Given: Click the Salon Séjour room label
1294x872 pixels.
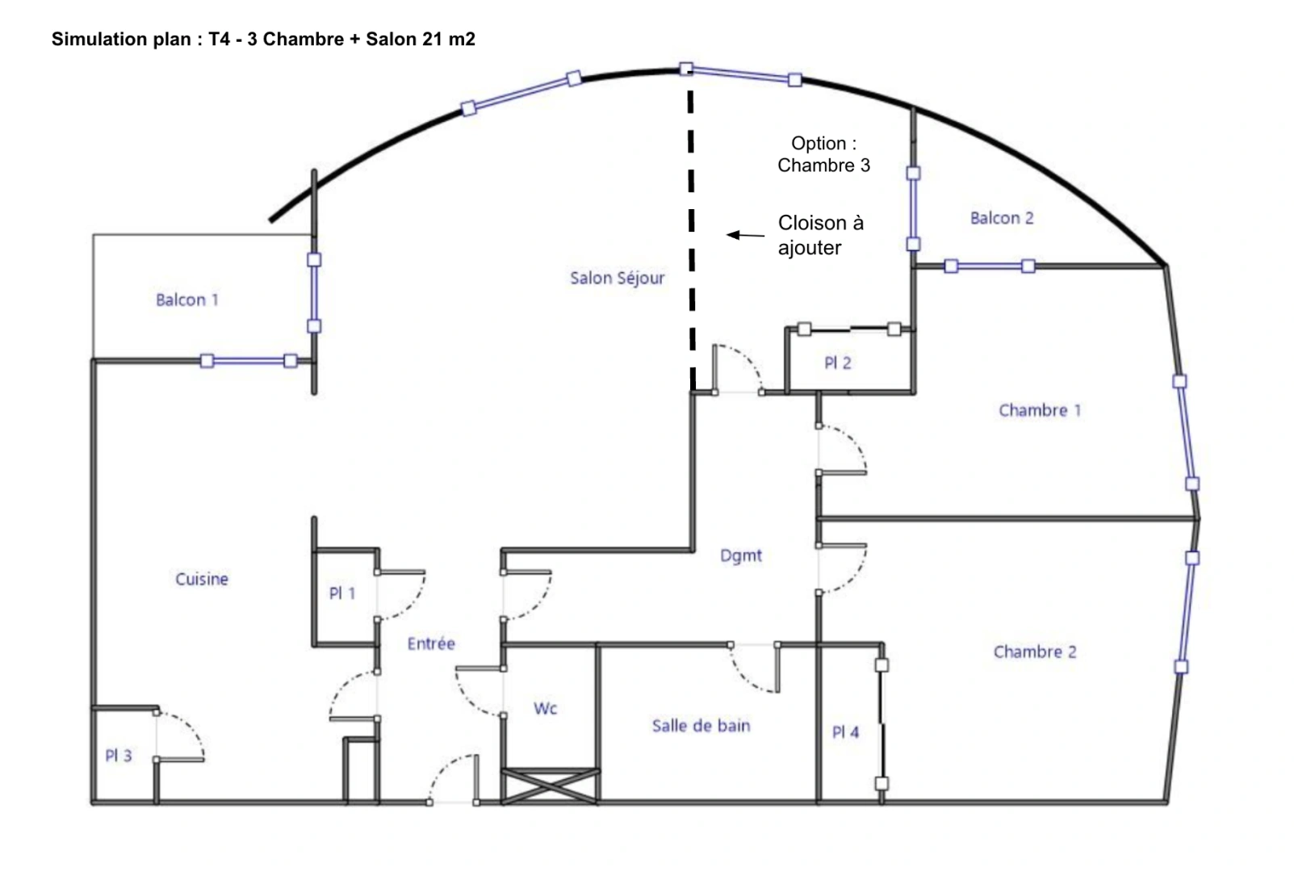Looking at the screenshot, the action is [x=617, y=278].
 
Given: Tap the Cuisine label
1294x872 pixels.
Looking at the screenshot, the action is [x=202, y=579].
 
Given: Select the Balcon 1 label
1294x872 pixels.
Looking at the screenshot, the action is [x=187, y=300].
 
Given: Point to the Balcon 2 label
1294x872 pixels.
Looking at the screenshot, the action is [x=1002, y=218].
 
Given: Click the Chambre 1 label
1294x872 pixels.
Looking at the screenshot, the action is [x=1040, y=410].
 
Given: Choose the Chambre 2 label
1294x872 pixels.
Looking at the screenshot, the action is [x=1035, y=652].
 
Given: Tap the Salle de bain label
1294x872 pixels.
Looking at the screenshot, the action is [x=701, y=726].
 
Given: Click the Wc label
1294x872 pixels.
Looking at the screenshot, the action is [x=546, y=708].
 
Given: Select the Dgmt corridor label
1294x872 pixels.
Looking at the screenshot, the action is [x=740, y=556].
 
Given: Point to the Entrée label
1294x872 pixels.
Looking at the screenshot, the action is [x=431, y=644].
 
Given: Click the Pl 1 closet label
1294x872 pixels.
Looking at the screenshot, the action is [x=342, y=593].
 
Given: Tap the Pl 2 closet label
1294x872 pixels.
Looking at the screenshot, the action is [x=838, y=363].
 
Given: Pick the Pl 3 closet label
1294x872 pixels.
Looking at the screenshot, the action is [x=119, y=756].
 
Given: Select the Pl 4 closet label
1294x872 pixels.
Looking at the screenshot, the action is [x=845, y=733].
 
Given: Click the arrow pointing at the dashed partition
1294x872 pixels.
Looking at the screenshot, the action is [x=745, y=235].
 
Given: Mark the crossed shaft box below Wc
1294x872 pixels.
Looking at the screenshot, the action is [x=550, y=786].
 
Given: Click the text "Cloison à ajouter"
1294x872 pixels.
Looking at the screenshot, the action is [x=821, y=235].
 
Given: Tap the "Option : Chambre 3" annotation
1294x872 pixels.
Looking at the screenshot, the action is [x=823, y=154].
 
